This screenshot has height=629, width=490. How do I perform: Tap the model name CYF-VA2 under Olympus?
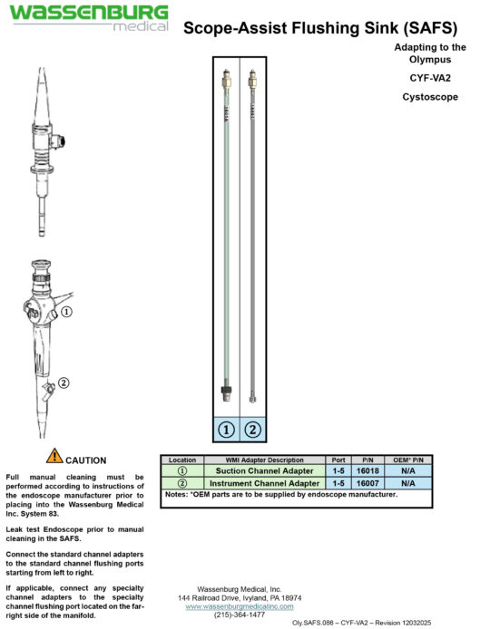tap(430, 78)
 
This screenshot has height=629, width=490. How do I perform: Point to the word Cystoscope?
tap(430, 97)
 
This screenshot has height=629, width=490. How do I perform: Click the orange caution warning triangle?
tap(54, 456)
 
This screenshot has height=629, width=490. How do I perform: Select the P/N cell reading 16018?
tap(367, 471)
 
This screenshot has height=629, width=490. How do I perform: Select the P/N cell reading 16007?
tap(367, 483)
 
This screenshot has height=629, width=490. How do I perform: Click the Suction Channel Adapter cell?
tap(266, 471)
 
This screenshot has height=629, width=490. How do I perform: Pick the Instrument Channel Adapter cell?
tap(266, 483)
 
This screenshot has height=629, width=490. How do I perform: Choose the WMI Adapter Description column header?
tap(266, 460)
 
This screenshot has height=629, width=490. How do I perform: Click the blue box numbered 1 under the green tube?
tap(226, 429)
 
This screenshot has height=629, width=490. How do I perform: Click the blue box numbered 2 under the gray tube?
tap(253, 429)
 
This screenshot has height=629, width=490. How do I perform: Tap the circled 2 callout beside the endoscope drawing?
tap(64, 382)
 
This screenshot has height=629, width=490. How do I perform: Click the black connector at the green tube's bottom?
tap(226, 392)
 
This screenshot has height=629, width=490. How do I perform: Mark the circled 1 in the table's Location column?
tap(181, 471)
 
